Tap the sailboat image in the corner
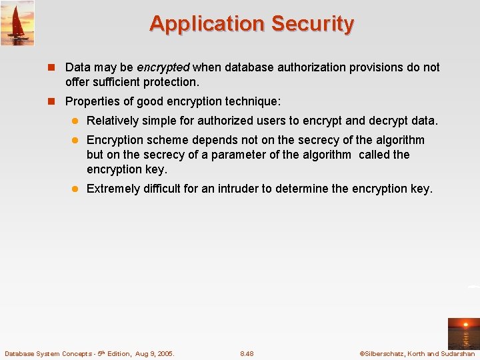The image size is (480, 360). (17, 23)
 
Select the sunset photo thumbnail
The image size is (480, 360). (463, 333)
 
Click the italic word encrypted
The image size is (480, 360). (163, 67)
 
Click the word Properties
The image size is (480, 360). (92, 101)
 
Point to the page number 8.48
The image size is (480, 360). (247, 353)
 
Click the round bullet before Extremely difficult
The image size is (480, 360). (77, 189)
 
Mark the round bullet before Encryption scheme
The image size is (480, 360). (77, 140)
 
